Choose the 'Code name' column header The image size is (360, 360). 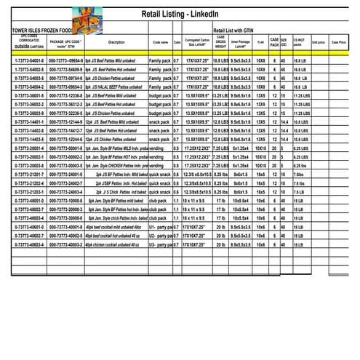point(161,42)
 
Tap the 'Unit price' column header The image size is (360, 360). point(318,42)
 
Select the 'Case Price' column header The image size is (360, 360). point(339,42)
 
